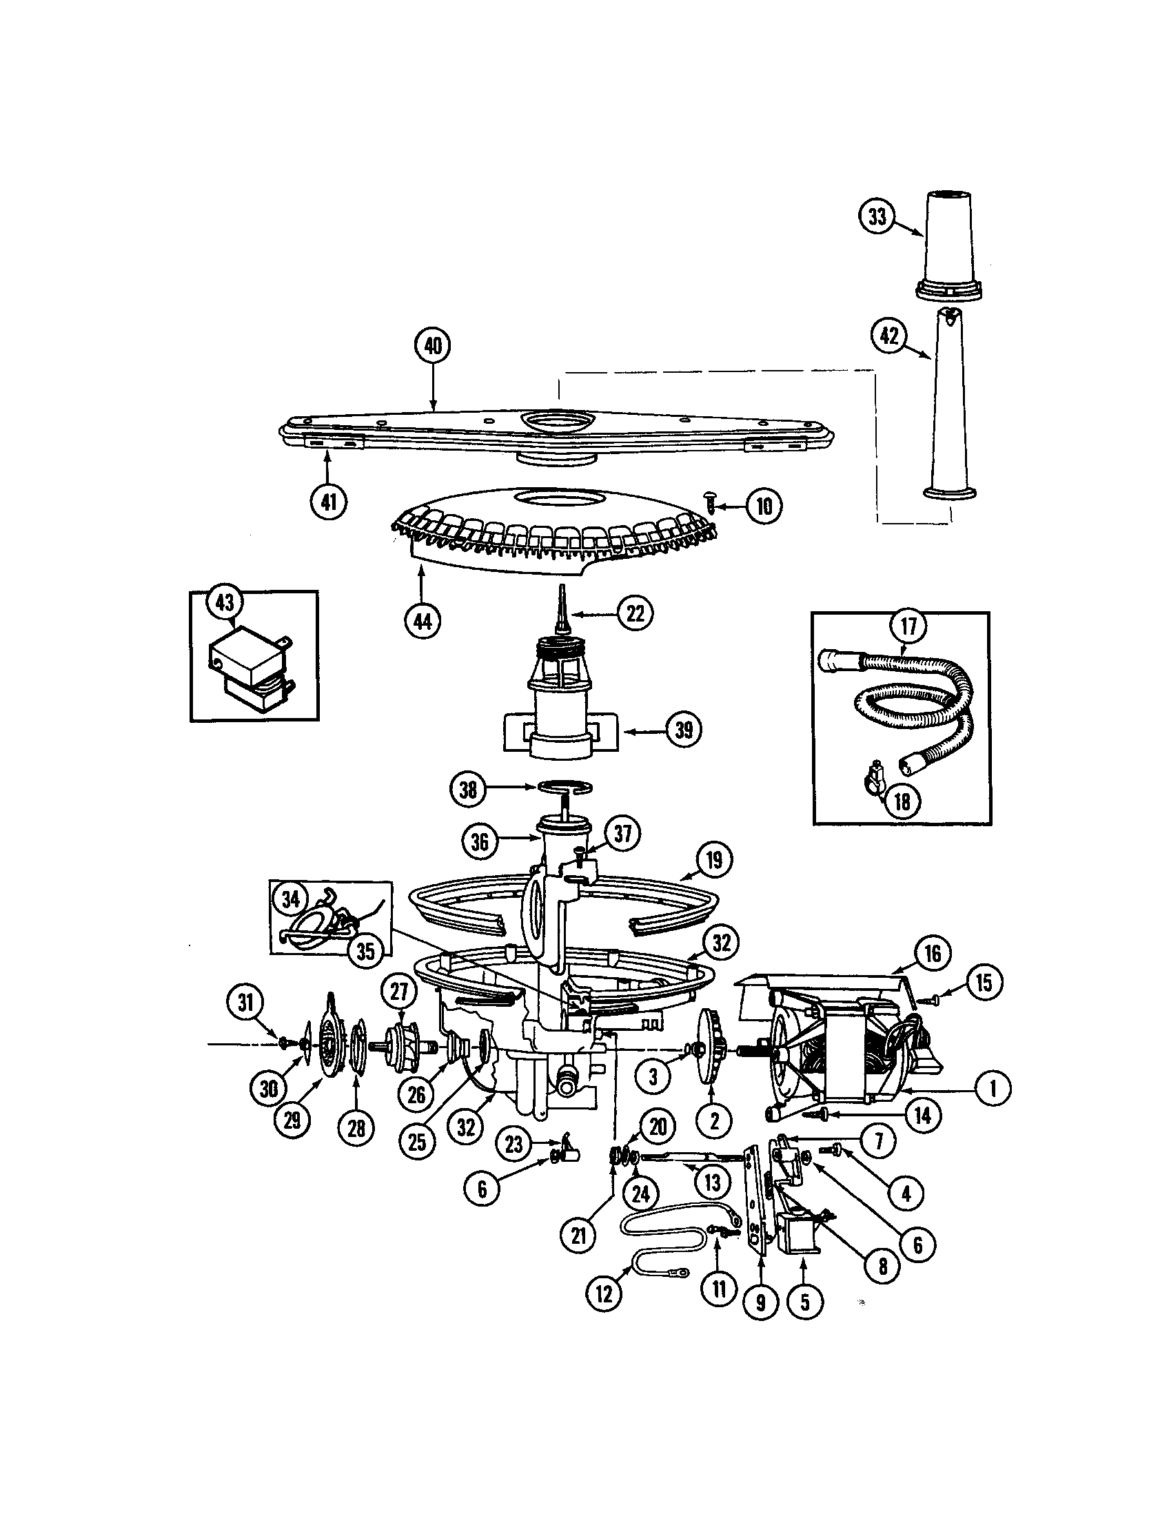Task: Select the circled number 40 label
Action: click(x=432, y=345)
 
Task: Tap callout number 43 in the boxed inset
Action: click(x=224, y=602)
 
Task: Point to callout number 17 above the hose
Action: click(x=908, y=626)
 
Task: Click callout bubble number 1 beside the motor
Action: click(x=991, y=1088)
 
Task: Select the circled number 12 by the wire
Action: click(x=604, y=1293)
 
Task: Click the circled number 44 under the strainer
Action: click(x=422, y=621)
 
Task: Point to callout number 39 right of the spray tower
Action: click(x=683, y=730)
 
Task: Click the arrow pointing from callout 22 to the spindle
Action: click(x=593, y=613)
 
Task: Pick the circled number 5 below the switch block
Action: click(x=804, y=1301)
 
